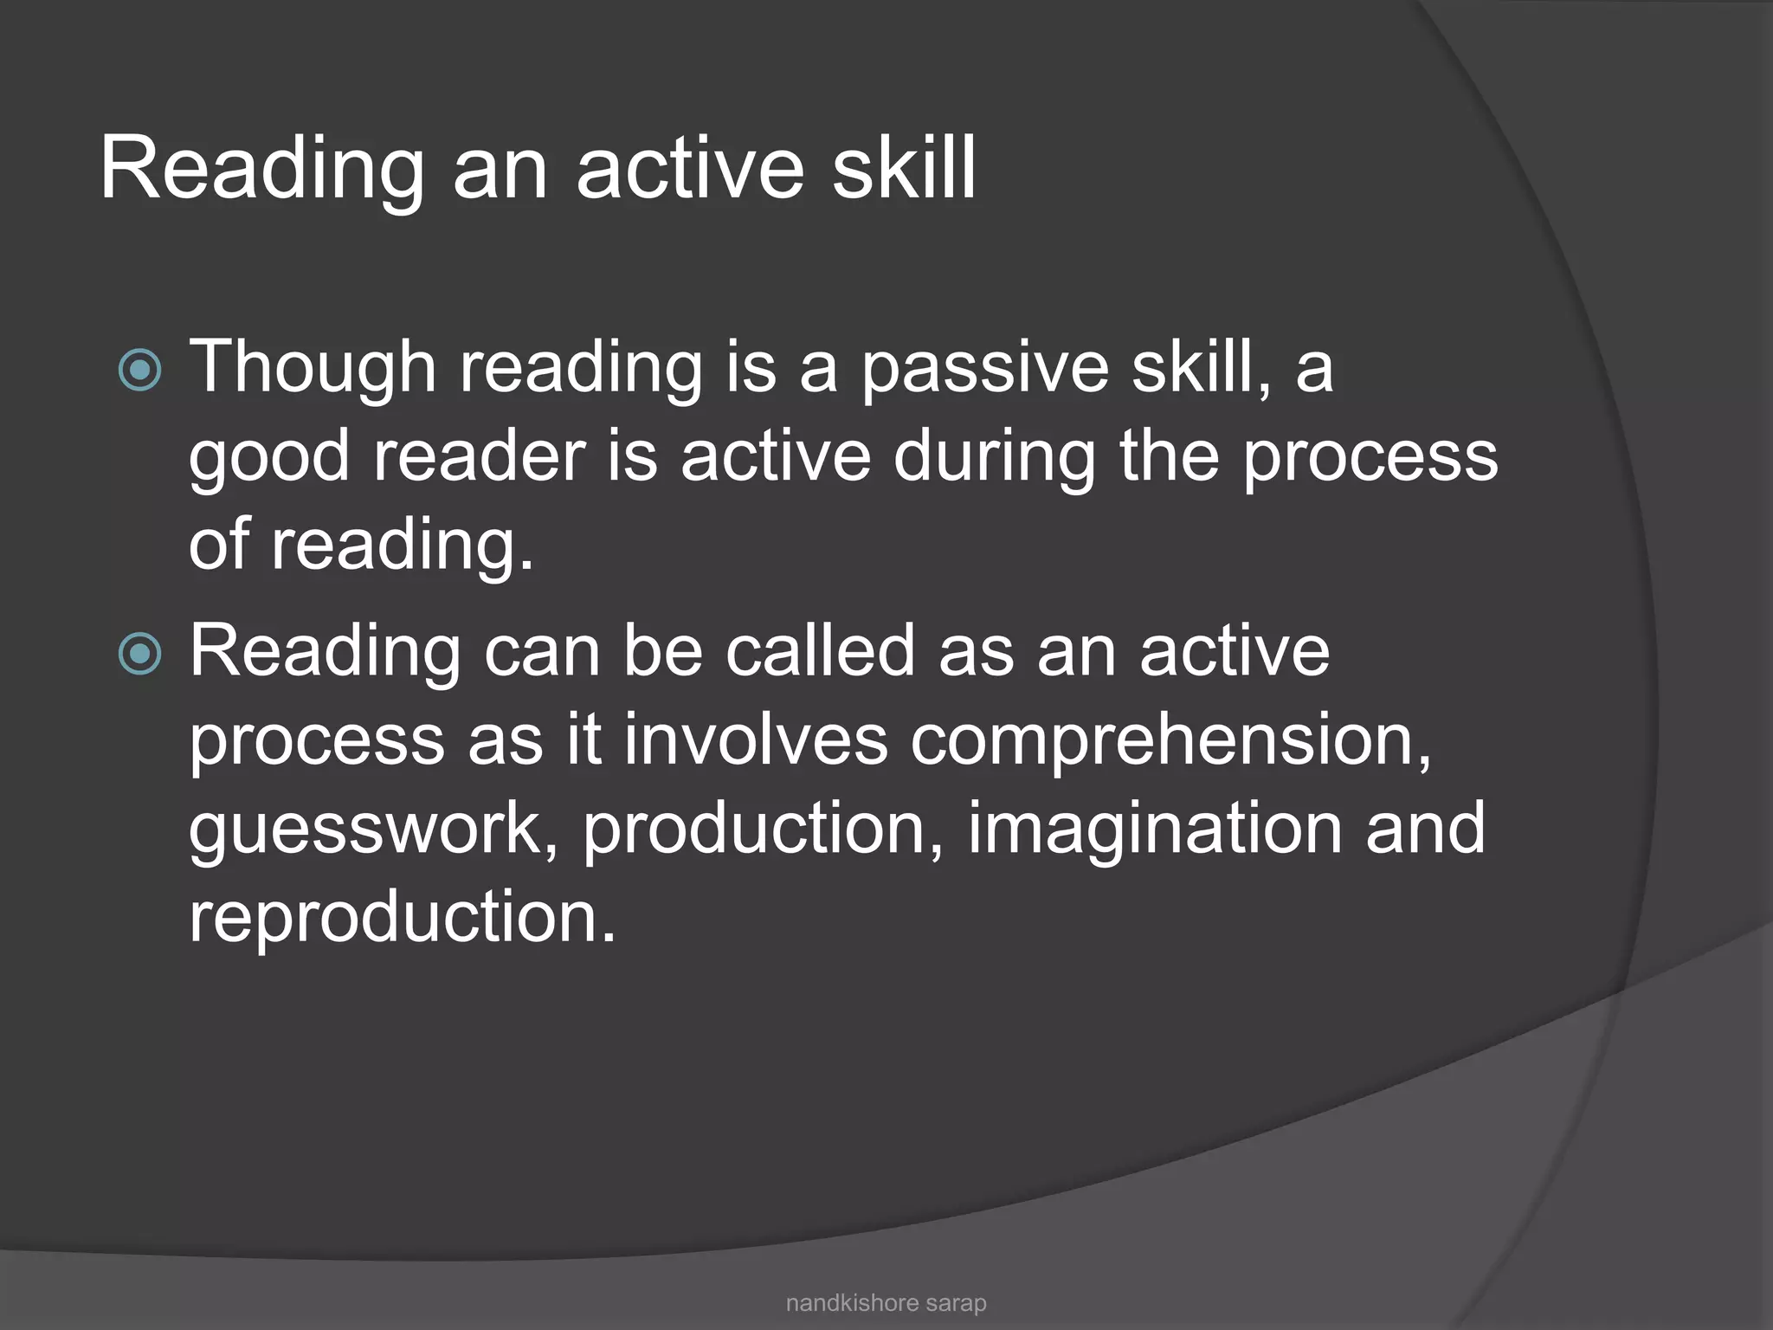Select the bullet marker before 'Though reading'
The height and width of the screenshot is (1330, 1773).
(140, 371)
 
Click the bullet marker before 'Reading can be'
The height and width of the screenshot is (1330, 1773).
(140, 654)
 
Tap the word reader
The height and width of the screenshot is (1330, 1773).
(479, 457)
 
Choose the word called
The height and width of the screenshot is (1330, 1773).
(820, 651)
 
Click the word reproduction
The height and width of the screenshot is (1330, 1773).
(402, 917)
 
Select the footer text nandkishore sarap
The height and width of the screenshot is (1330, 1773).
(886, 1302)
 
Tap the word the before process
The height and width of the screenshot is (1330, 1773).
(1170, 457)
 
